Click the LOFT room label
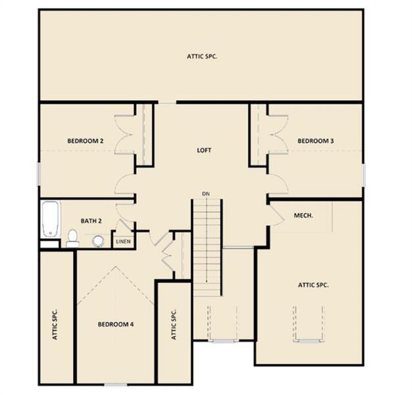coord(204,150)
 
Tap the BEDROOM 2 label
coord(86,141)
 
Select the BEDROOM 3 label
coord(315,141)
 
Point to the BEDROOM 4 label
coord(116,325)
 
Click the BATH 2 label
coord(91,221)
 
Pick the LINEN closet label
coord(123,241)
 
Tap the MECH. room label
coord(303,215)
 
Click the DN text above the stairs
coord(206,194)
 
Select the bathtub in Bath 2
coord(50,219)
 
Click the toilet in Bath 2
coord(72,238)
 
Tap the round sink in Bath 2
coord(98,241)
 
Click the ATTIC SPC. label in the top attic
coord(202,56)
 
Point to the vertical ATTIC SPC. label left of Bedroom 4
coord(55,325)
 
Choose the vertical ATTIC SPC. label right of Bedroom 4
coord(174,325)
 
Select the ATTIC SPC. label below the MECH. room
coord(313,285)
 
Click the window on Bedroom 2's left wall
coord(39,174)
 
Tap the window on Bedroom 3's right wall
coord(364,175)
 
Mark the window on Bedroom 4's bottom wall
coord(116,384)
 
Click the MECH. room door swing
coord(276,215)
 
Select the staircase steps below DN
coord(207,248)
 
